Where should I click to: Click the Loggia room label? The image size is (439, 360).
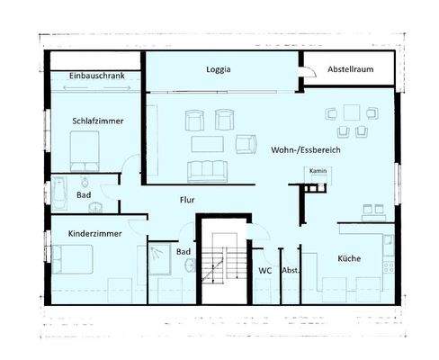point(218,68)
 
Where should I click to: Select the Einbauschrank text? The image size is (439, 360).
point(95,76)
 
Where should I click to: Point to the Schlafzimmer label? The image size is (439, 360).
point(98,121)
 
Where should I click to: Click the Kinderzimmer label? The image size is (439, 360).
point(94,234)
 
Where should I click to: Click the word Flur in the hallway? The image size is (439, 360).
point(187,200)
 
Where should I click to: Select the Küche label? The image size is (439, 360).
point(350,258)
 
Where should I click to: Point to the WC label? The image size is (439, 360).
point(265,270)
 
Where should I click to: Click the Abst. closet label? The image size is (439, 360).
point(290,270)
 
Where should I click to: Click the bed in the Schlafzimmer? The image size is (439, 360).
point(85,150)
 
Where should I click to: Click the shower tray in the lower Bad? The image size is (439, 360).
point(160,256)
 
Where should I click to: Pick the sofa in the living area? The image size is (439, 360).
point(208,171)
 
